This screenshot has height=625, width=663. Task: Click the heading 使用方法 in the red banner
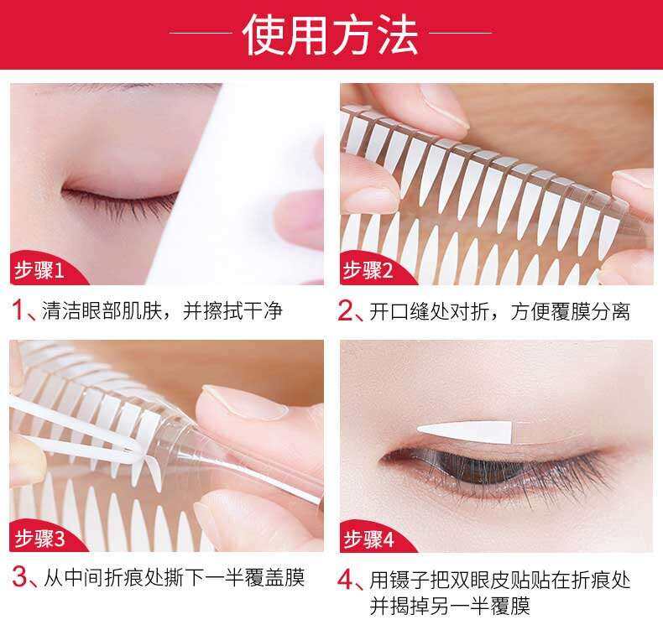click(331, 34)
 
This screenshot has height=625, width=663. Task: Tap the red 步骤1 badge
click(40, 270)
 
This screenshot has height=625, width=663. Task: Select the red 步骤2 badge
click(368, 270)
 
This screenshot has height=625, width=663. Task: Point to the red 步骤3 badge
click(40, 539)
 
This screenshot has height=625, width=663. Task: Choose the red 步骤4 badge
click(368, 539)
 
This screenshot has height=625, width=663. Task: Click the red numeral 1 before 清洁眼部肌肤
click(18, 310)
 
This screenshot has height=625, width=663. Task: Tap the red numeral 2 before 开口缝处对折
click(346, 311)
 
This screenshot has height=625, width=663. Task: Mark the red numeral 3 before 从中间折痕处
click(19, 576)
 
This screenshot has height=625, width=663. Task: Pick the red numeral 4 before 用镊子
click(346, 580)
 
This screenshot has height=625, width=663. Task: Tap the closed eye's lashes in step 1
click(121, 204)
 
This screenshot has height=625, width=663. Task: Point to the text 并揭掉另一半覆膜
click(450, 606)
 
